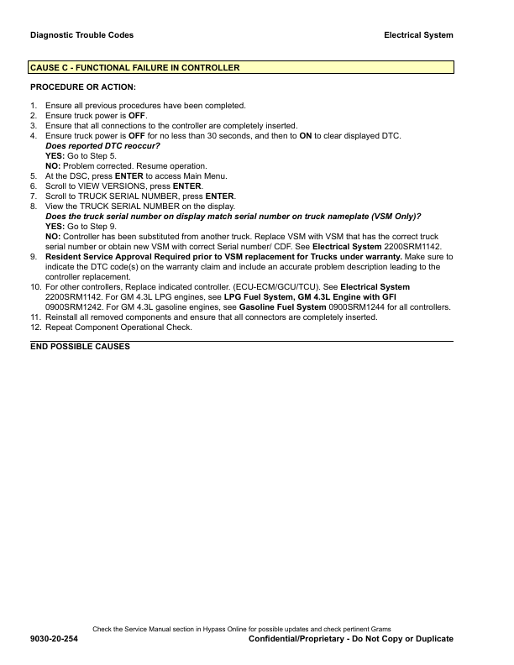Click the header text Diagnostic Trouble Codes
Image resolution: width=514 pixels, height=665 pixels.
pyautogui.click(x=81, y=35)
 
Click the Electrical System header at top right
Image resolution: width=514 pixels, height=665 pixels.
pyautogui.click(x=418, y=35)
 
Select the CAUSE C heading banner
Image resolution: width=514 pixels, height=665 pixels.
pyautogui.click(x=241, y=67)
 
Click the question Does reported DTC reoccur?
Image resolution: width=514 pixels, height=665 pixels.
pyautogui.click(x=102, y=146)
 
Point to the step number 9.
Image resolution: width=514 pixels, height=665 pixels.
pyautogui.click(x=34, y=257)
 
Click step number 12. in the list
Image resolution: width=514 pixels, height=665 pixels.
pyautogui.click(x=35, y=327)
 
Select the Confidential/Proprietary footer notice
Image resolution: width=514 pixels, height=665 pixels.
pyautogui.click(x=351, y=639)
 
